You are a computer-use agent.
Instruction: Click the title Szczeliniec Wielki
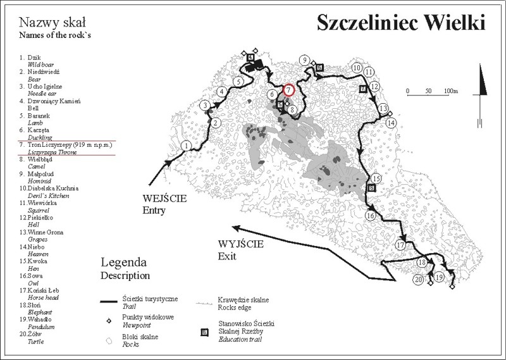(400, 23)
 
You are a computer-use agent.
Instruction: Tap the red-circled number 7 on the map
(289, 90)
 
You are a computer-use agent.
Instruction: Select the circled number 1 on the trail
(186, 146)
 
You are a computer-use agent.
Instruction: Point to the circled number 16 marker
(371, 216)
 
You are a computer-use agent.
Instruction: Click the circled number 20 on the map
(418, 279)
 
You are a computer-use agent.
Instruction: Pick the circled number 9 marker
(305, 60)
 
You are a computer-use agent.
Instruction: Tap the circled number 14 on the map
(391, 123)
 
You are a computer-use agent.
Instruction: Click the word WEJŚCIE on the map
(165, 198)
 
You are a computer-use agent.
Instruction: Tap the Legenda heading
(124, 262)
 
